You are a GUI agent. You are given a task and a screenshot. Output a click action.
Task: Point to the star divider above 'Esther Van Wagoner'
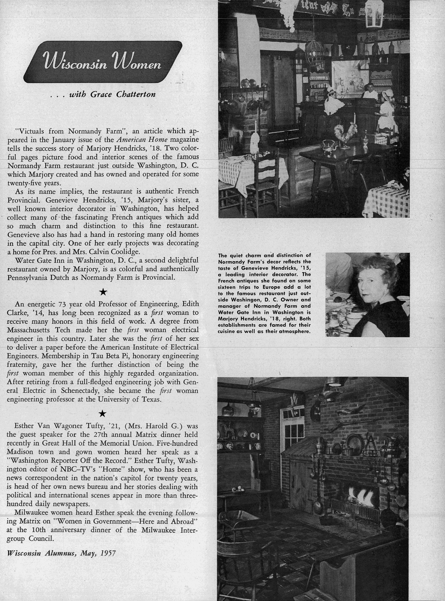tap(103, 414)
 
